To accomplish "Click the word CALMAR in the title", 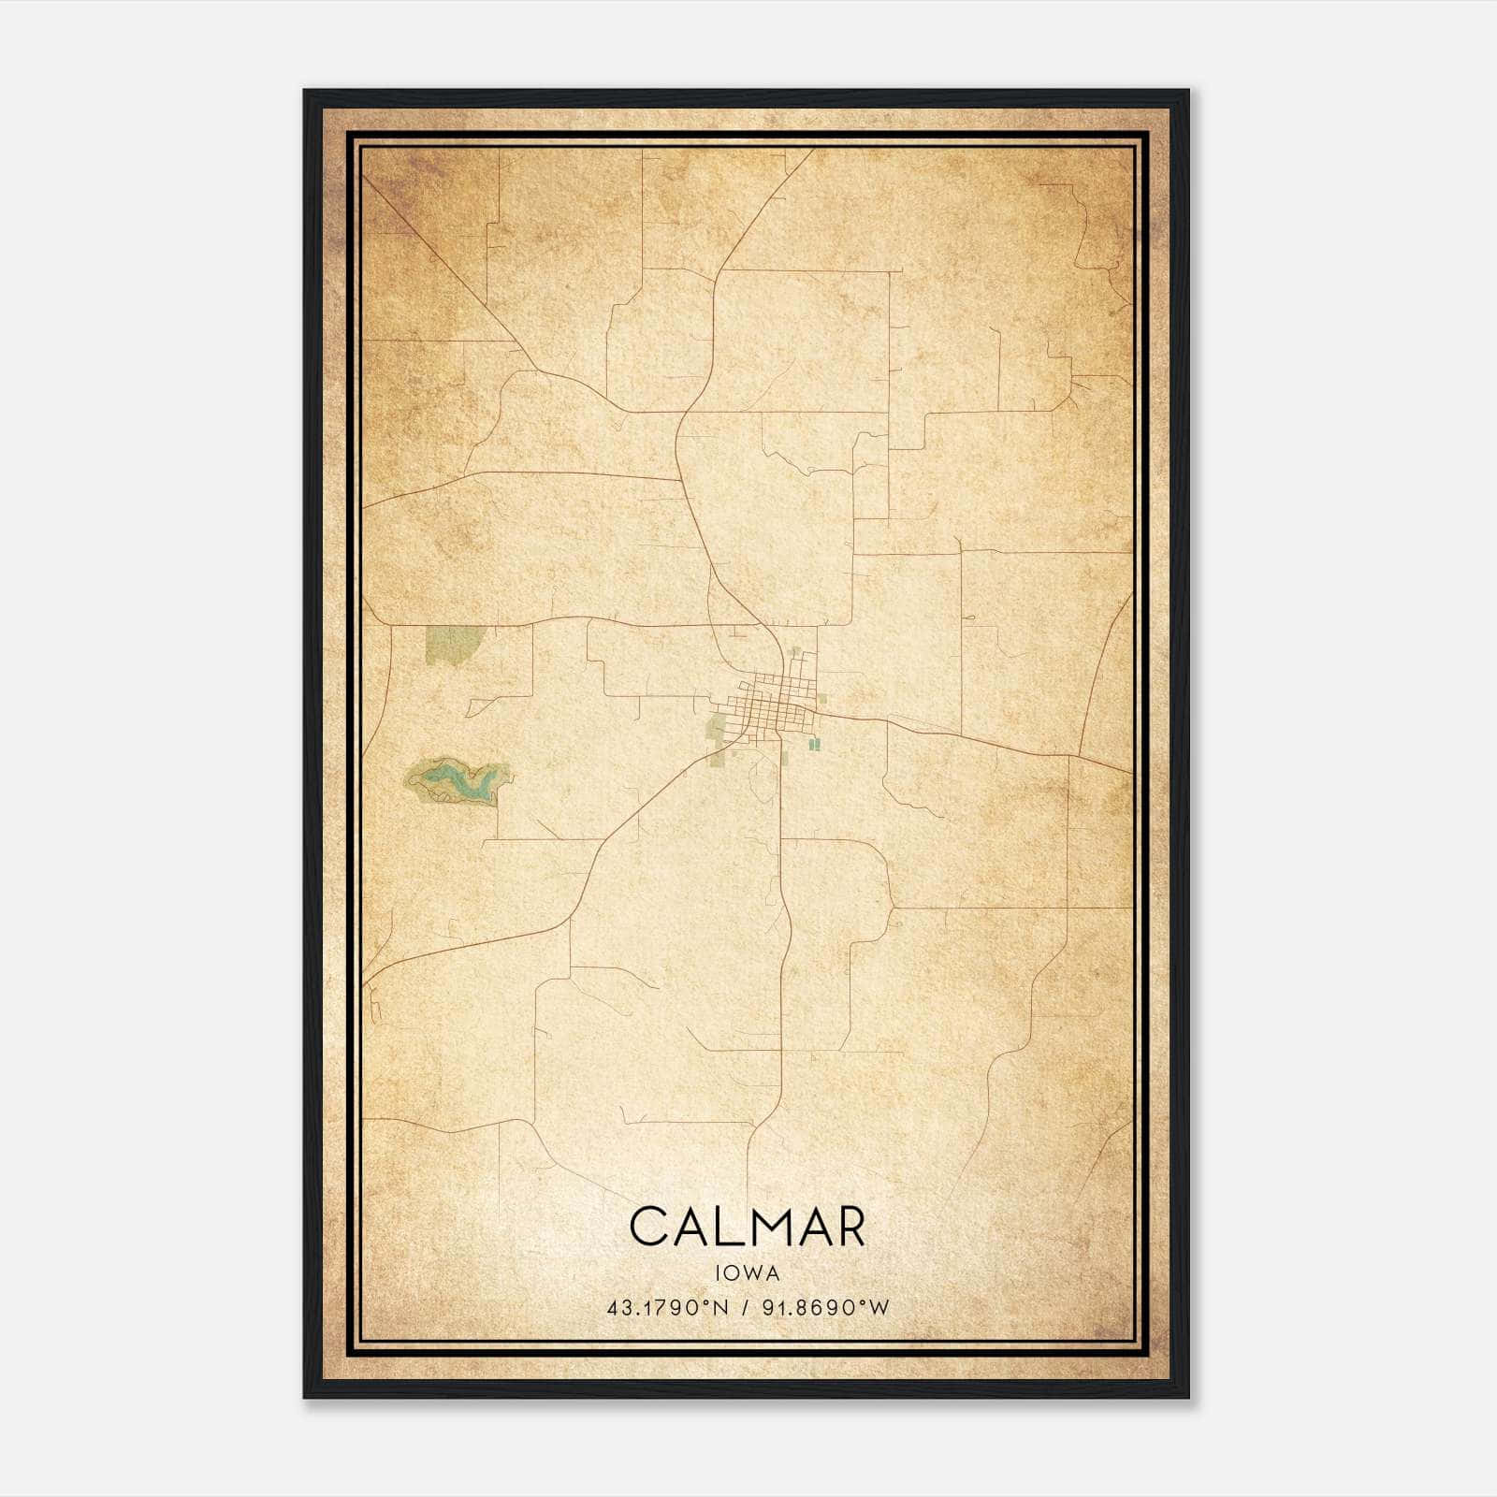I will [x=748, y=1227].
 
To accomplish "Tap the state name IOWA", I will [x=748, y=1272].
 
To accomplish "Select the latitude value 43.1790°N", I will [x=667, y=1308].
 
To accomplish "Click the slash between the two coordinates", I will [x=744, y=1308].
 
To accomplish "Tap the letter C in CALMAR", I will [x=649, y=1227].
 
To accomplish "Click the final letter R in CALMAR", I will [x=848, y=1227].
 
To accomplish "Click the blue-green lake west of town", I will [x=457, y=782].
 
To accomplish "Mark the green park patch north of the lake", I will [x=453, y=644].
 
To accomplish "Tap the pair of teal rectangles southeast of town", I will [x=814, y=744].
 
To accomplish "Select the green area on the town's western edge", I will [x=718, y=728].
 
